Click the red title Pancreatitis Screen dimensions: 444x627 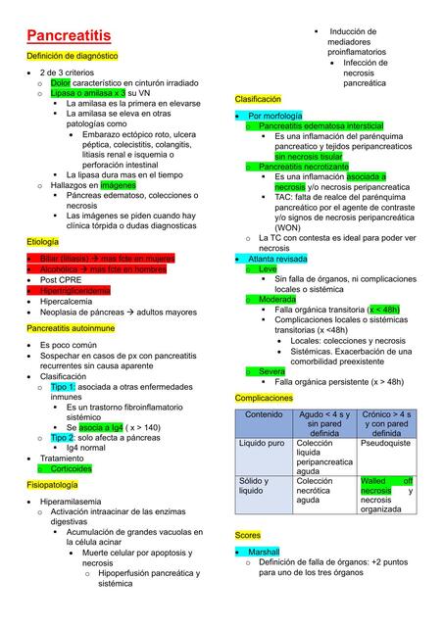pos(68,35)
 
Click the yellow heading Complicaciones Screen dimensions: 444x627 pos(265,398)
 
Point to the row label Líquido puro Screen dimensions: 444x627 pos(264,443)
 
